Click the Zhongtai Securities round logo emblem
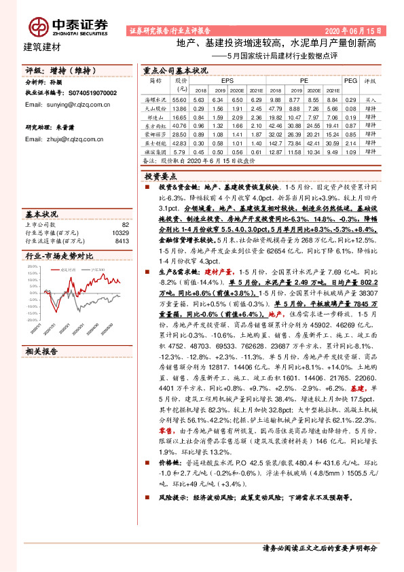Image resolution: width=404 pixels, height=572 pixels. [x=36, y=26]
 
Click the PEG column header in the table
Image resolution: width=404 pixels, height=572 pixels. [x=350, y=80]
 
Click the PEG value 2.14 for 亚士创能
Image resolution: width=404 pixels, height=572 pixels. [x=350, y=143]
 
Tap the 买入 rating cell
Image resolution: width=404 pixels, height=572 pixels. [x=371, y=99]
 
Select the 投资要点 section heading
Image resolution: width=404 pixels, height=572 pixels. [x=162, y=175]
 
